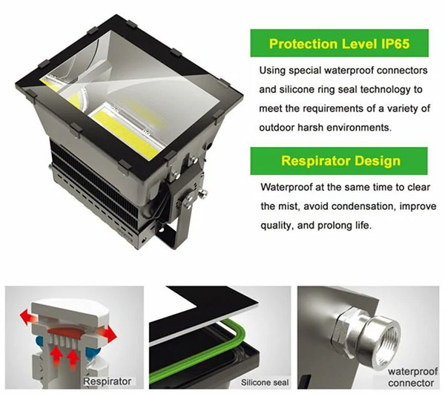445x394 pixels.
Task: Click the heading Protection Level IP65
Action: click(339, 44)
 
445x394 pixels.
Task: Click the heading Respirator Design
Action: click(340, 161)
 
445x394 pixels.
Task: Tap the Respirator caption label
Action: click(108, 381)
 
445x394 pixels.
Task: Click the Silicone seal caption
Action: click(265, 382)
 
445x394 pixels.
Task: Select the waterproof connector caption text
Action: click(412, 377)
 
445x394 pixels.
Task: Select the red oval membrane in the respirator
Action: click(63, 330)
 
